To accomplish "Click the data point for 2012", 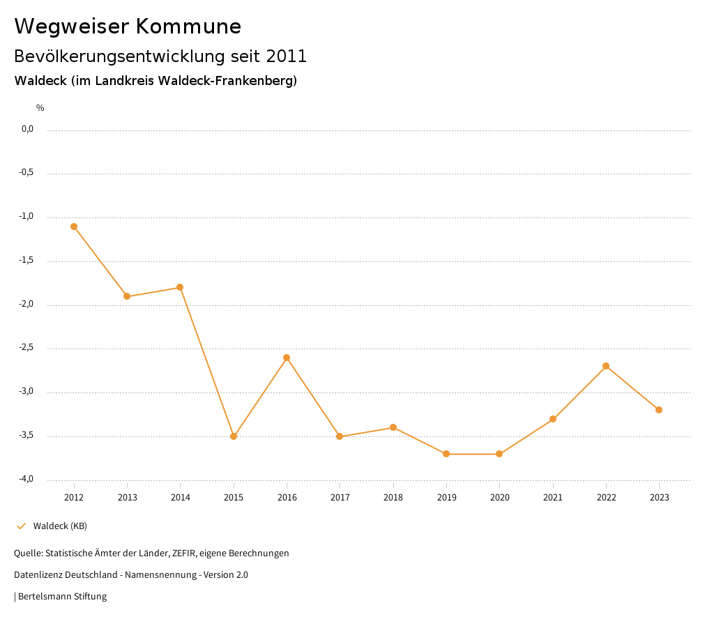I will pos(74,227).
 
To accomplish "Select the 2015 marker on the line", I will pos(234,436).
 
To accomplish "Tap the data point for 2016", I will pos(287,358).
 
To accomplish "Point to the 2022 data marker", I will pos(606,366).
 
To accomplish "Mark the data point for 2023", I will pos(659,410).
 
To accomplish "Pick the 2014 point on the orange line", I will pos(180,287).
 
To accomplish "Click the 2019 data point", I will pos(446,454).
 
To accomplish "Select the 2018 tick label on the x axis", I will pos(393,498).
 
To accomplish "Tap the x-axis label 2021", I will pos(553,498).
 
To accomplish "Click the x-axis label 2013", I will pos(127,498).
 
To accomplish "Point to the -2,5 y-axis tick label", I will pos(26,348).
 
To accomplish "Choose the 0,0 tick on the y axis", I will pos(27,129).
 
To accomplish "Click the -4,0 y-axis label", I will pos(26,479).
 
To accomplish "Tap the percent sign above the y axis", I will pos(40,108).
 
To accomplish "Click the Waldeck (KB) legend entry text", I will pos(60,526).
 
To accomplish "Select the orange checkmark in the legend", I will pos(21,526).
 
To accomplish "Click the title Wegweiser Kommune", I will pos(128,26).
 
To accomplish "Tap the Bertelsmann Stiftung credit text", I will pos(62,597).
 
